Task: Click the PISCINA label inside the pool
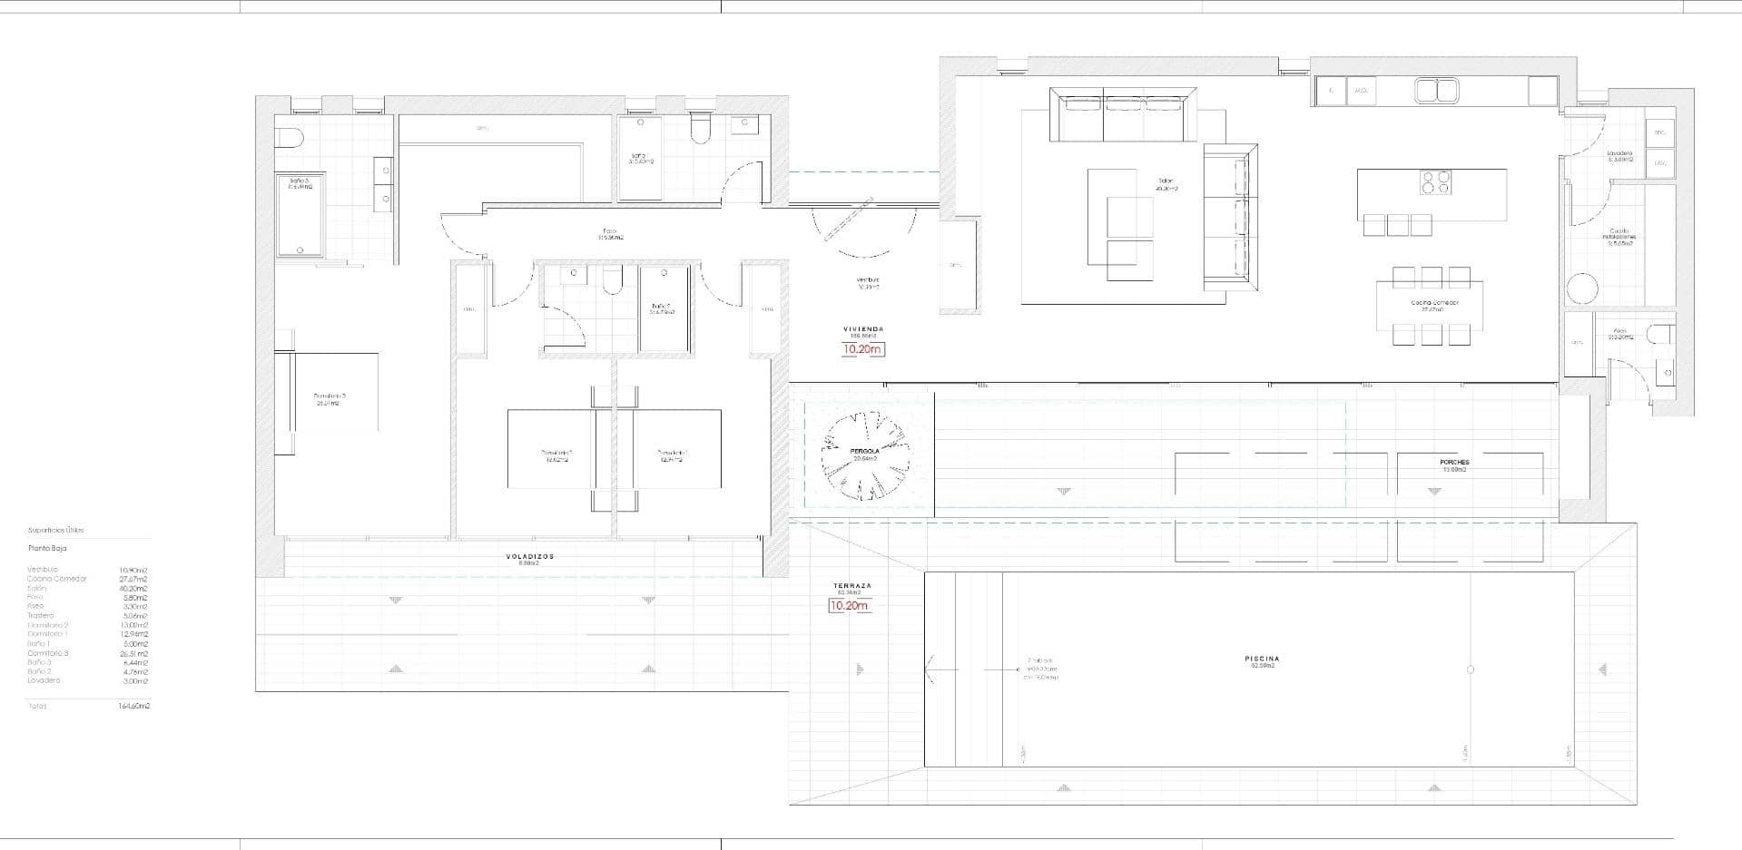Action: [1262, 659]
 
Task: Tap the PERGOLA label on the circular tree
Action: [865, 451]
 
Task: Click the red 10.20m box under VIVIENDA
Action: [862, 349]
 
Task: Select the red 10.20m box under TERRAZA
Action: [850, 606]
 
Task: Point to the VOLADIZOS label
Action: [529, 556]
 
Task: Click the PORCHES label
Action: [1453, 463]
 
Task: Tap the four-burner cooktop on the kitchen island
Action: [1434, 182]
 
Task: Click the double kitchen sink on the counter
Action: [1436, 90]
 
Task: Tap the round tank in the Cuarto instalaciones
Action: [1581, 288]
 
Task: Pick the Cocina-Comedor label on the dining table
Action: [1434, 303]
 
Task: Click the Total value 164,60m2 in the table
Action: [133, 706]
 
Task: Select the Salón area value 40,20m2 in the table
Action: [133, 588]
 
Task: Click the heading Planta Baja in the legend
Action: [47, 548]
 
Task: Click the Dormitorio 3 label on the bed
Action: [329, 396]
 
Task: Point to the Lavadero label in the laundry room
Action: [1619, 153]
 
